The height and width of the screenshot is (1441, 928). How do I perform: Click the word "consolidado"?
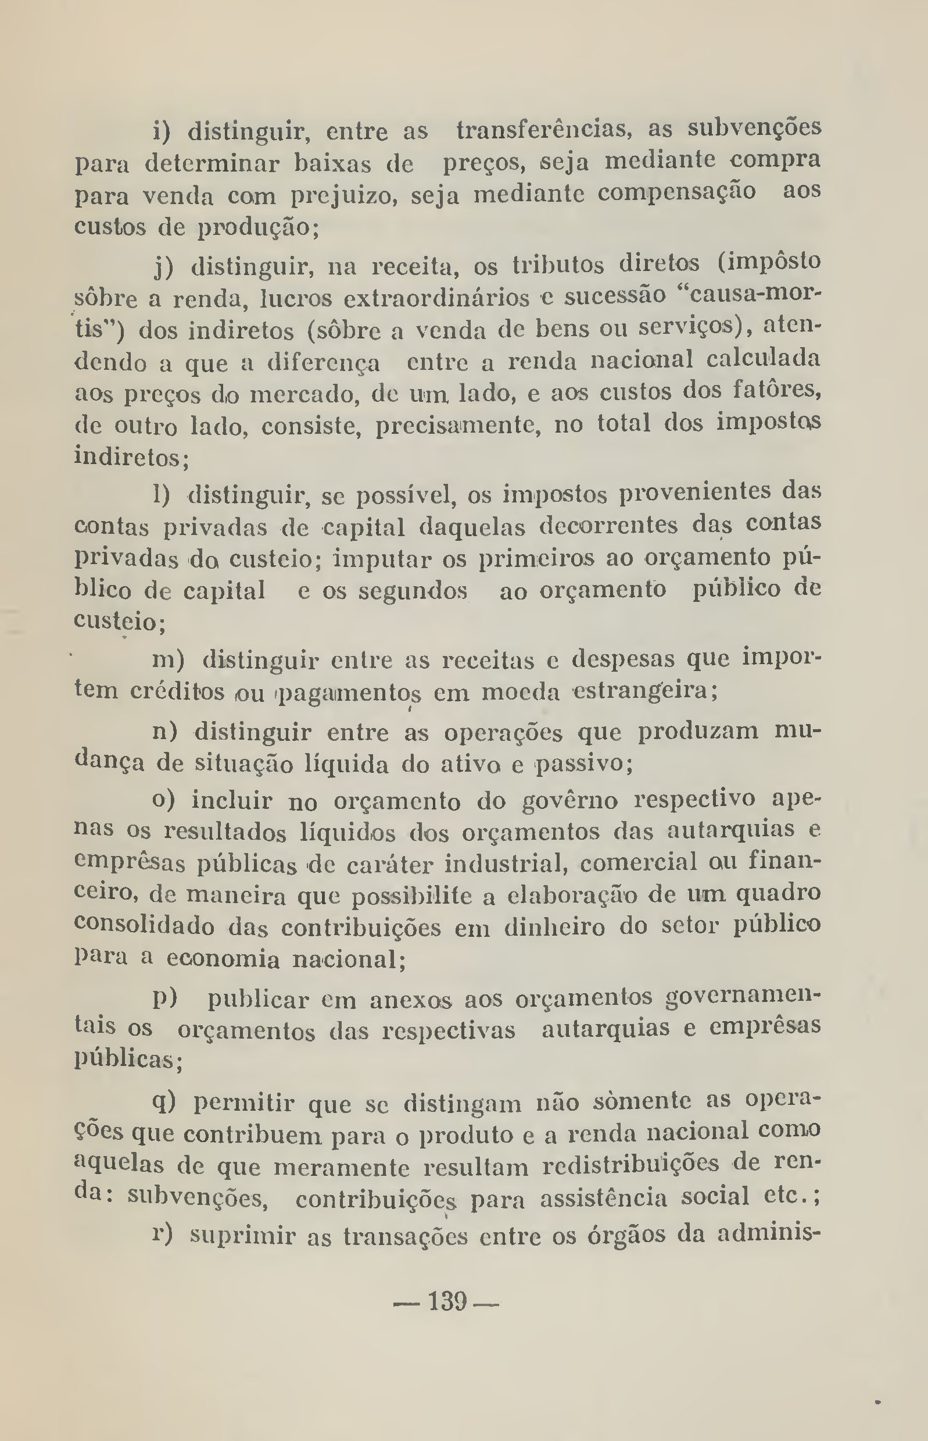click(x=144, y=927)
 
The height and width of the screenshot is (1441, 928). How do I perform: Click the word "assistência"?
click(x=604, y=1198)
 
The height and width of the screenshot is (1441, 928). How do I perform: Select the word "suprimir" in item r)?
click(x=241, y=1236)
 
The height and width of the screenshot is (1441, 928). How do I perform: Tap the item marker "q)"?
click(x=164, y=1102)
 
